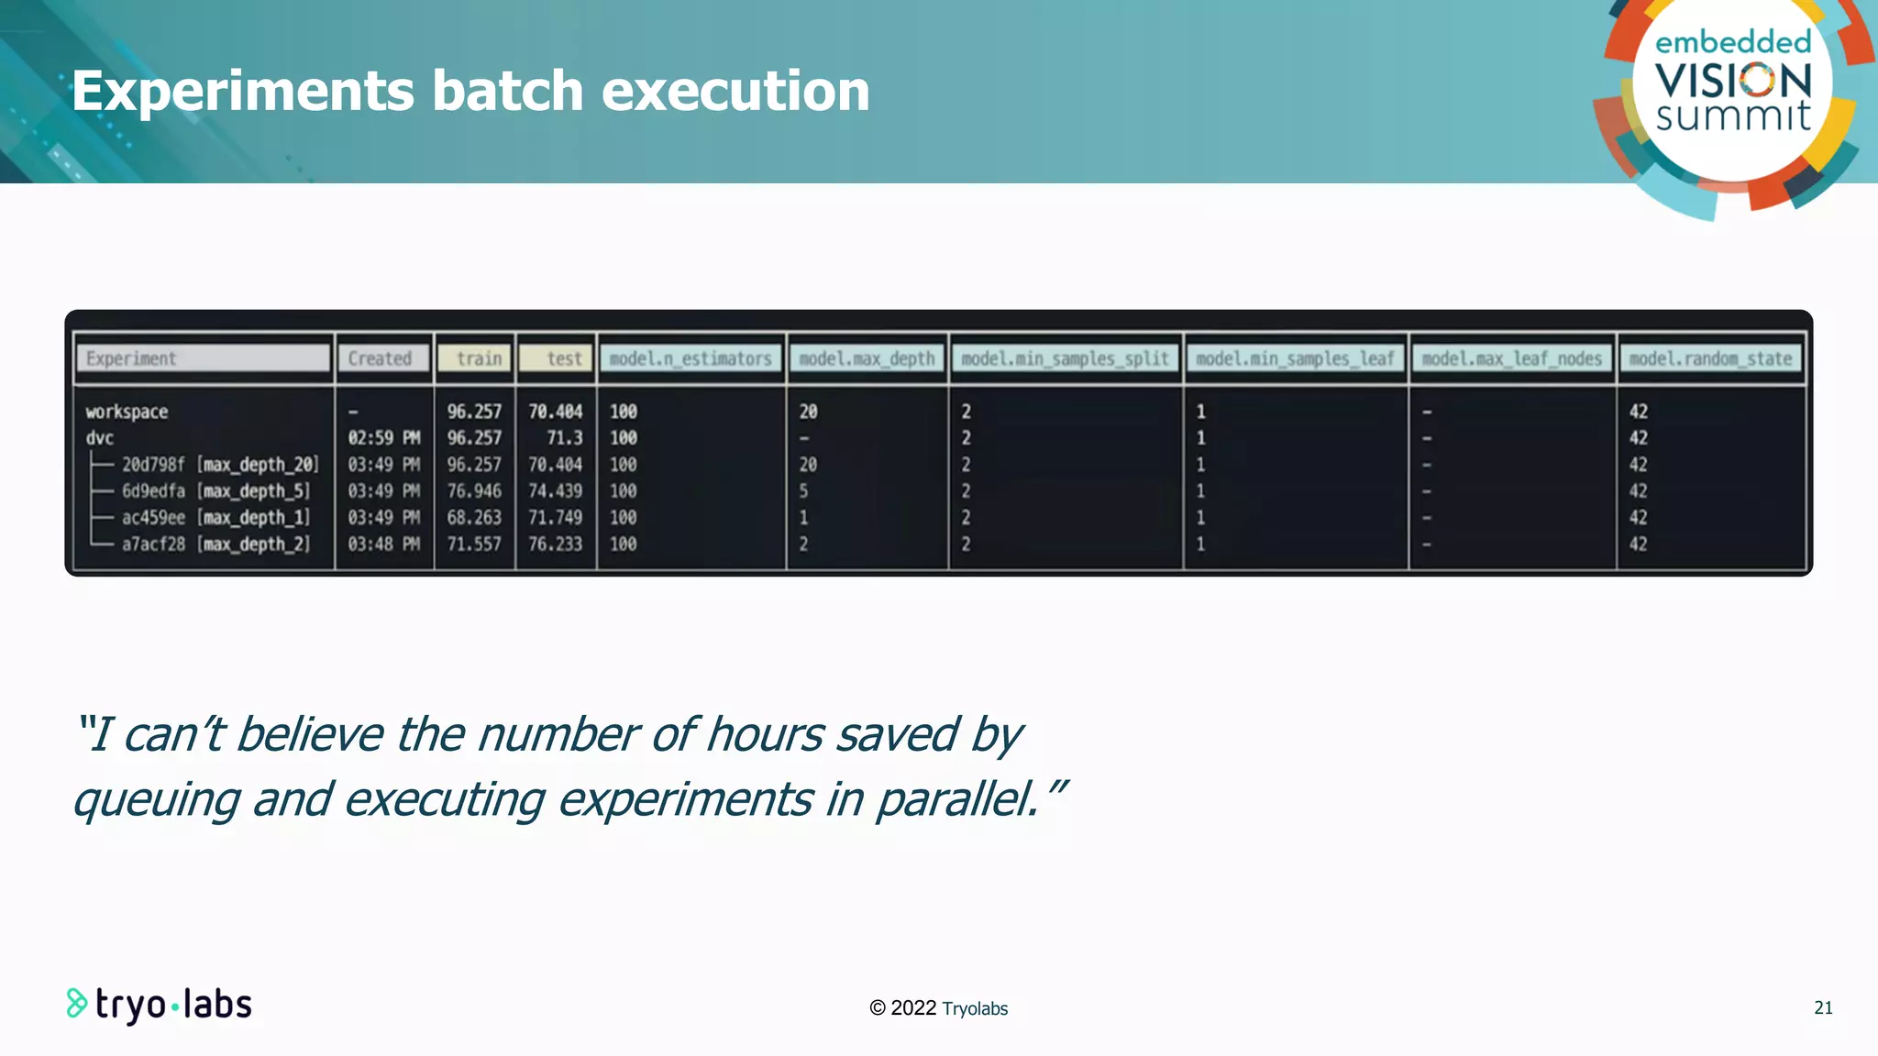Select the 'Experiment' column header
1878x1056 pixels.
(203, 358)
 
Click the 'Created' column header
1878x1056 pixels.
(383, 358)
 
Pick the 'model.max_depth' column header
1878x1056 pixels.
(867, 358)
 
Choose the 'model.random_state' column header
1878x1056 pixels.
(1710, 358)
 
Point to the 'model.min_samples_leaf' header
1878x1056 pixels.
(1295, 358)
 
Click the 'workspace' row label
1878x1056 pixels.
(127, 412)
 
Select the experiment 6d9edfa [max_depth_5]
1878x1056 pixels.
(215, 491)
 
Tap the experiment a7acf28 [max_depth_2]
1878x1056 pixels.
(215, 544)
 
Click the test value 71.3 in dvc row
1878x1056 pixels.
(564, 438)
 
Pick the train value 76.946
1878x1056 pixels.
(474, 491)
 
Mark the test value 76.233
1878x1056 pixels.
(555, 544)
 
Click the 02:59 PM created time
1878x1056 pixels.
(383, 438)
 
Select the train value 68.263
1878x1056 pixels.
(474, 518)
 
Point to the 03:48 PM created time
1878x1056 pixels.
(383, 544)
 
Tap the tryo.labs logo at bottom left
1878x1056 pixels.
(160, 1005)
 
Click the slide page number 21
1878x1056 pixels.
(1823, 1008)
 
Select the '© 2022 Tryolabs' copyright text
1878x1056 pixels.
(938, 1008)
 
